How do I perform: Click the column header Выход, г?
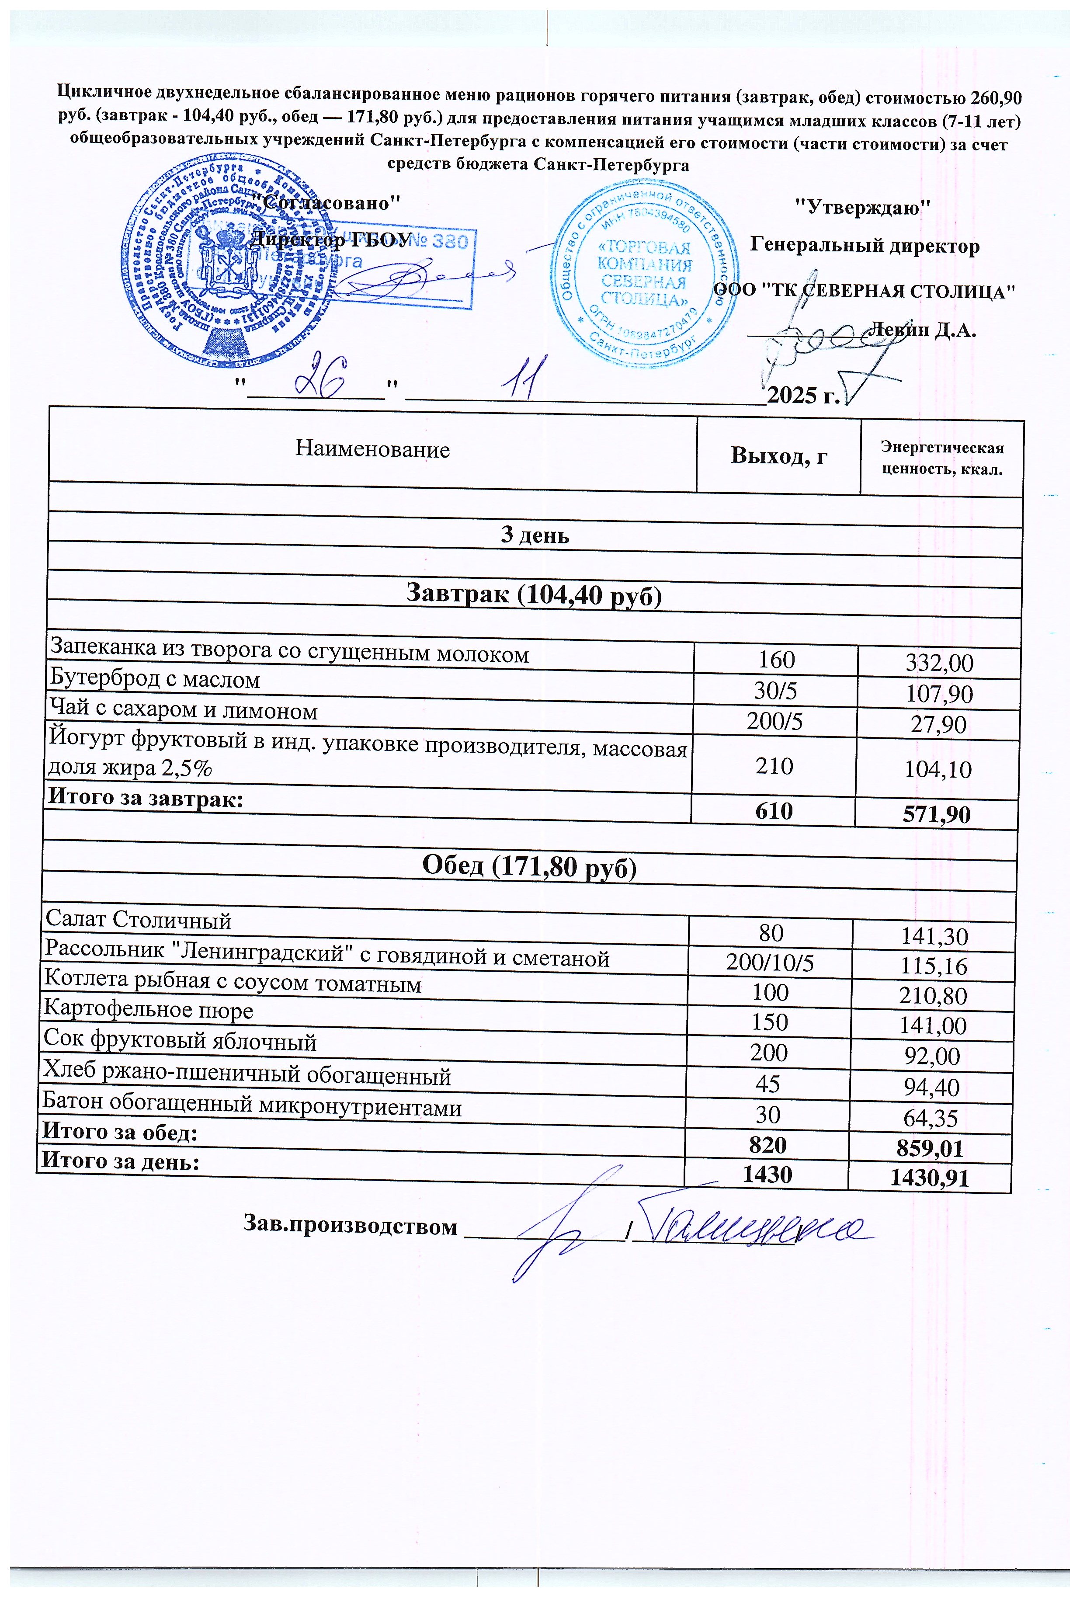pyautogui.click(x=778, y=456)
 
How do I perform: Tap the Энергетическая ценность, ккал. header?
pyautogui.click(x=941, y=459)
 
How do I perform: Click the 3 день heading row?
pyautogui.click(x=535, y=535)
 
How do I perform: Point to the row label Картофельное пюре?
pyautogui.click(x=148, y=1010)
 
